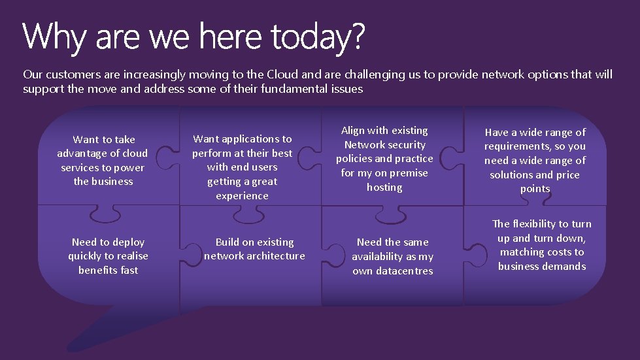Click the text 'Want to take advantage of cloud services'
tap(103, 160)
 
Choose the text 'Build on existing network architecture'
tap(254, 249)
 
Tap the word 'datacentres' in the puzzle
tap(392, 271)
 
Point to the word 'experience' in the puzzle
tap(242, 196)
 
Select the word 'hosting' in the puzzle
tap(384, 188)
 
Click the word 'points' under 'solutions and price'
tap(535, 189)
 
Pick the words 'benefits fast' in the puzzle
tap(108, 270)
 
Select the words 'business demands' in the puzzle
tap(541, 267)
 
